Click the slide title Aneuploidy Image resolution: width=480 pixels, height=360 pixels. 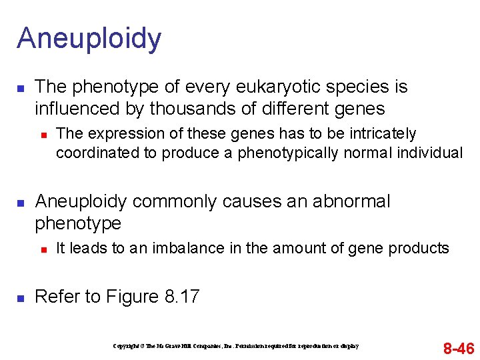[89, 39]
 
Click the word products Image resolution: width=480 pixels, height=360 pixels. [418, 249]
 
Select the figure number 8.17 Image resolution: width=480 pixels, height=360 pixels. [181, 297]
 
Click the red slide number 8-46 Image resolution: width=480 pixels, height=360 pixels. [459, 348]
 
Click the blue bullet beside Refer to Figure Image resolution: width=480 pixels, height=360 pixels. [21, 297]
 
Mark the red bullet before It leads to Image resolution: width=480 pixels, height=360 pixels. [43, 249]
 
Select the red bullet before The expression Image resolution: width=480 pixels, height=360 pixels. [43, 135]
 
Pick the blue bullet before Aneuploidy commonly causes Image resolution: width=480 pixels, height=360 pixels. [21, 202]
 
